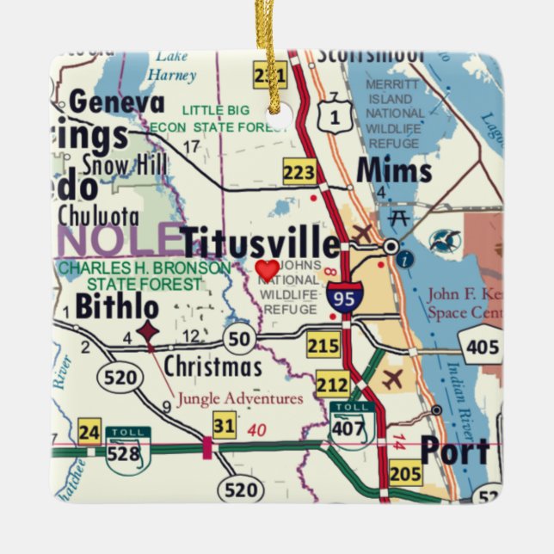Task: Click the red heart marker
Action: pos(268,269)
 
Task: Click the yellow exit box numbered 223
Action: pos(299,173)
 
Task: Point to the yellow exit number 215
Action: pos(324,346)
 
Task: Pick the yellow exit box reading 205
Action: pos(405,474)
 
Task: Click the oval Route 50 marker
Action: pos(239,338)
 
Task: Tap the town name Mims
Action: pos(393,170)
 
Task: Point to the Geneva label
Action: pos(117,102)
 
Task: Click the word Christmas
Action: pos(212,367)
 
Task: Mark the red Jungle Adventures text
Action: pos(240,398)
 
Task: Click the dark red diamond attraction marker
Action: pos(148,329)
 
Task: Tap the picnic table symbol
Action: pos(398,217)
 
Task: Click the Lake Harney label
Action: pos(172,67)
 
